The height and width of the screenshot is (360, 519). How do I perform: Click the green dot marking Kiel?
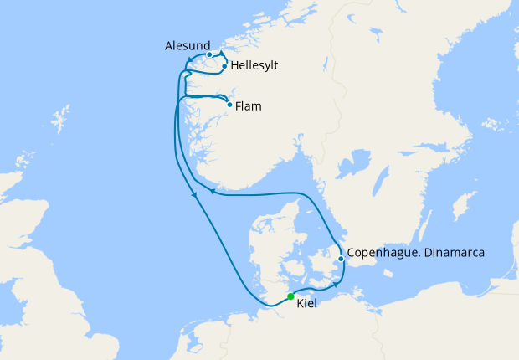290,296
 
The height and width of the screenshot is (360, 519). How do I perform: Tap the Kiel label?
308,303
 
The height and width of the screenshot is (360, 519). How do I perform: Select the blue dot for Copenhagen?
342,259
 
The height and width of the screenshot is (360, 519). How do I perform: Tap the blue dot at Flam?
229,105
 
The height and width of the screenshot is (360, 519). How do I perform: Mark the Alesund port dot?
209,54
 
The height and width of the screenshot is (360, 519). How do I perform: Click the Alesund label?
188,46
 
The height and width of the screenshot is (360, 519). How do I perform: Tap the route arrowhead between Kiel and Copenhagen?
336,284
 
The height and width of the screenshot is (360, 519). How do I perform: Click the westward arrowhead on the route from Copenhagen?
212,191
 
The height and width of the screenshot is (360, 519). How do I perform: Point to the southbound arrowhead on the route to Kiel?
195,196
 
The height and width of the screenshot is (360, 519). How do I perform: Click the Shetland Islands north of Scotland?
59,117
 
